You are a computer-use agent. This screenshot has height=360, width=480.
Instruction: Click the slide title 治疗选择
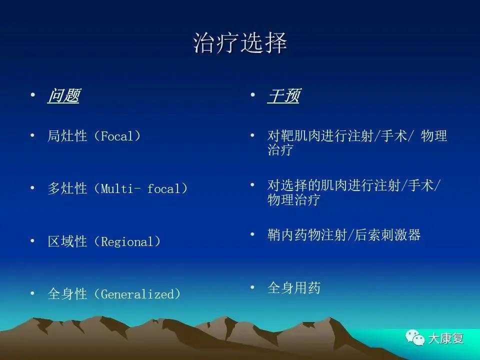pos(240,42)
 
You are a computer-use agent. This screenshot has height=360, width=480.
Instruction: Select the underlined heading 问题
pos(63,95)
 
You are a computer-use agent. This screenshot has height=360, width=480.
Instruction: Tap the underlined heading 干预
pos(283,95)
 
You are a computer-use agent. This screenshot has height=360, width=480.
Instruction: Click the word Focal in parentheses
pos(117,136)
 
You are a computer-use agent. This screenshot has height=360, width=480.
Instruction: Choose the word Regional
pos(126,242)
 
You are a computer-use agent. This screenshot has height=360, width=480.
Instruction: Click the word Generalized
pos(137,294)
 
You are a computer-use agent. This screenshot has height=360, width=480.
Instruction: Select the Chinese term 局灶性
pos(67,136)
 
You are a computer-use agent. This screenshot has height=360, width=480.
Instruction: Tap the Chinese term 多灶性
pos(67,188)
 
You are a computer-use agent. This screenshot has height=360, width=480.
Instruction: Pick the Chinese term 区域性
pos(67,241)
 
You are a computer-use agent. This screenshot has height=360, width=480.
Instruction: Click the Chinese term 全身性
pos(67,294)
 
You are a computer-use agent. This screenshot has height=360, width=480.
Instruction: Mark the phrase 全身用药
pos(294,288)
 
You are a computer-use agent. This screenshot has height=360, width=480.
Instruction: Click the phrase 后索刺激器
pos(387,235)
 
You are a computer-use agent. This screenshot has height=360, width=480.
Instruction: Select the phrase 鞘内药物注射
pos(307,235)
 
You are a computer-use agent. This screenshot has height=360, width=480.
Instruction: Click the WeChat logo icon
pos(415,337)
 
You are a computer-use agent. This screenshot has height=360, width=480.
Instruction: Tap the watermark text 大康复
pos(446,338)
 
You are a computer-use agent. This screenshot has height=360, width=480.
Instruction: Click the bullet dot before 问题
pos(33,95)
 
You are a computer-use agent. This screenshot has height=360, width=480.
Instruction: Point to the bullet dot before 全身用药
pos(252,287)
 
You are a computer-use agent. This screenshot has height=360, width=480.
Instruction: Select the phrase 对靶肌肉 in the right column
pos(293,135)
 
